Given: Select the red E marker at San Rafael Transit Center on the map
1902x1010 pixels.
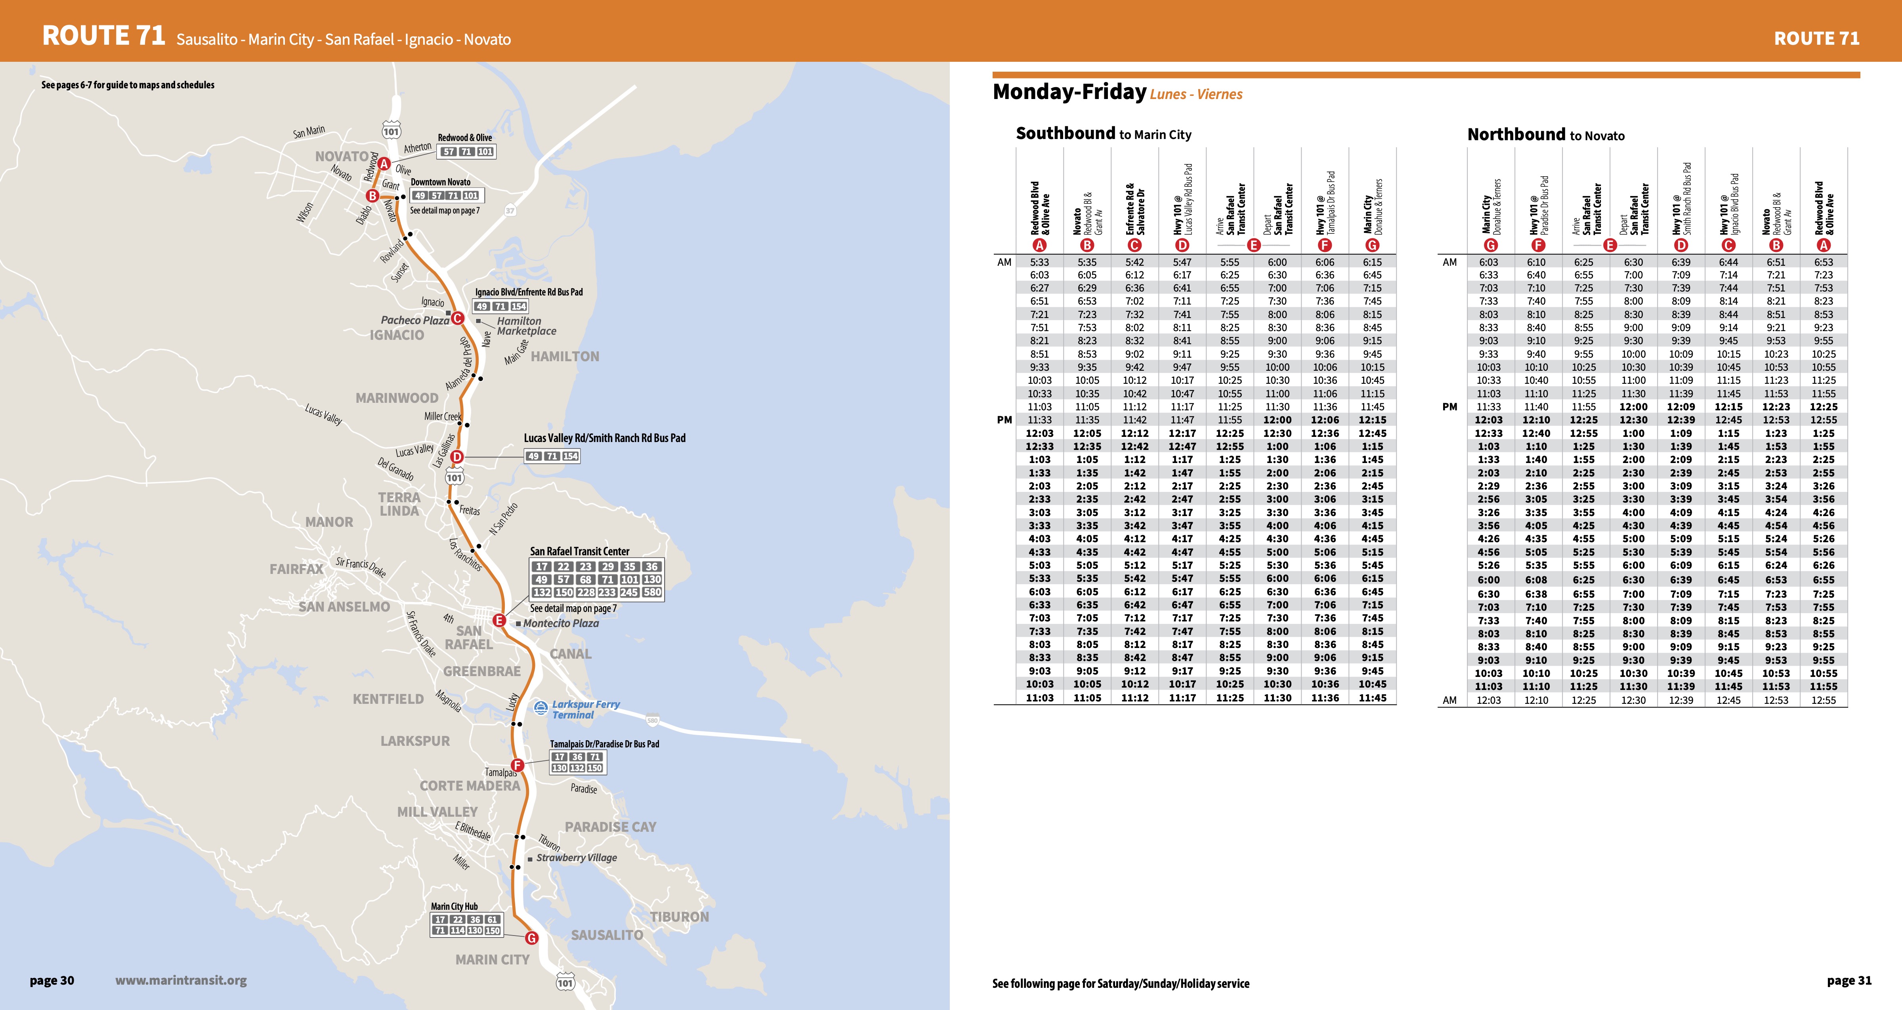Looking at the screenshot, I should click(499, 620).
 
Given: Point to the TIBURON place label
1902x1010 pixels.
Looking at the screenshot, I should click(679, 916).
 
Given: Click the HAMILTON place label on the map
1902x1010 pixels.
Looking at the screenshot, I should click(565, 356).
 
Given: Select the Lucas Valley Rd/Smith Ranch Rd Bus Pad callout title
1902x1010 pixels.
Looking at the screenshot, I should click(604, 438).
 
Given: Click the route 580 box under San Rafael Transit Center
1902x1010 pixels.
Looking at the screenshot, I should click(652, 592).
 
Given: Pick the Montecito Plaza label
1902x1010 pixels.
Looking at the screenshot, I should click(561, 623).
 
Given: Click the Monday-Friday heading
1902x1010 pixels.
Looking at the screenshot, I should click(1069, 92).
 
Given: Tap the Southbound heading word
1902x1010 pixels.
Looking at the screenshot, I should click(1065, 133).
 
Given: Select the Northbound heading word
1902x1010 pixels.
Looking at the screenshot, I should click(1516, 134).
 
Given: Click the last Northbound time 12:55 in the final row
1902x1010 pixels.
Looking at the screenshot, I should click(1823, 700).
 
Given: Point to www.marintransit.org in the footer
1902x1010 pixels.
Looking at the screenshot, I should click(181, 980).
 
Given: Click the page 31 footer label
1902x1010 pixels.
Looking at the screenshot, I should click(1849, 980).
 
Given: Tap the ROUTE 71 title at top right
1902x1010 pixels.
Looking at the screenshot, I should click(1816, 38).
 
